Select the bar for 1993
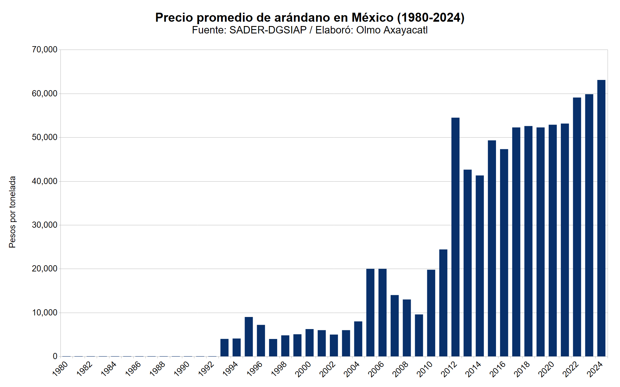point(224,348)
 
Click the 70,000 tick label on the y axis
point(45,50)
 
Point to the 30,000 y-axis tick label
point(45,225)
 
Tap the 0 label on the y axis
point(55,356)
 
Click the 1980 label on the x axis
point(60,369)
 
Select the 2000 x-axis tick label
point(303,369)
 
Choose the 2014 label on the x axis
point(473,369)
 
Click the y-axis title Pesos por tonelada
point(12,212)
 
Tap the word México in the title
point(372,18)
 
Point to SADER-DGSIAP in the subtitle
point(268,30)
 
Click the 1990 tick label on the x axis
point(182,369)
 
